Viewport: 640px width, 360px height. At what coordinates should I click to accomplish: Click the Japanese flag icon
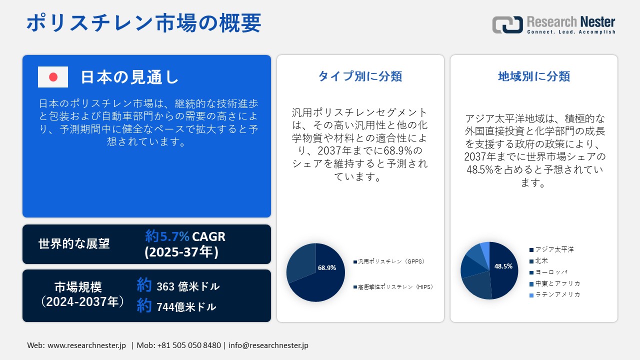(x=53, y=77)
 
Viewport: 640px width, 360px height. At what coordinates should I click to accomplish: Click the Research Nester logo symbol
(x=507, y=24)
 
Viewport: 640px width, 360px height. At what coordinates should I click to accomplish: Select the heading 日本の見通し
(x=129, y=77)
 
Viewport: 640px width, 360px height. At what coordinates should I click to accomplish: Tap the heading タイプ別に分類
(x=360, y=76)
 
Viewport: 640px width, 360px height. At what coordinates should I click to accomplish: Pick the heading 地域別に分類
(x=534, y=76)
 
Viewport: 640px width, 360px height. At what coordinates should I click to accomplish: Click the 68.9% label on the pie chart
(x=327, y=268)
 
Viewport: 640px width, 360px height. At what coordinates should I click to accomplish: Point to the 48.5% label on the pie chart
(x=503, y=266)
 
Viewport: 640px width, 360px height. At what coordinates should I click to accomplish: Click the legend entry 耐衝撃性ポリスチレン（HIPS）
(x=392, y=287)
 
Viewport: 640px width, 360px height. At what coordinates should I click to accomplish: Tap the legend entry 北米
(x=541, y=260)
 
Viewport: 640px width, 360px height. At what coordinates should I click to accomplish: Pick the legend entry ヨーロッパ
(x=551, y=272)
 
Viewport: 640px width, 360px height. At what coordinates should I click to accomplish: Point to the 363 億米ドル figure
(x=187, y=286)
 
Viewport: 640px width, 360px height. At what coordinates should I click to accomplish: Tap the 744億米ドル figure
(x=186, y=307)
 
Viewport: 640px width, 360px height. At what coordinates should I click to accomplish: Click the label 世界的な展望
(x=74, y=244)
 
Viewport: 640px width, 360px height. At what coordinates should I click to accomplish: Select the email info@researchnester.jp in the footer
(x=268, y=345)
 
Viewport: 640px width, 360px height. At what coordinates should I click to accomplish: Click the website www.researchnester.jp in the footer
(x=86, y=345)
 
